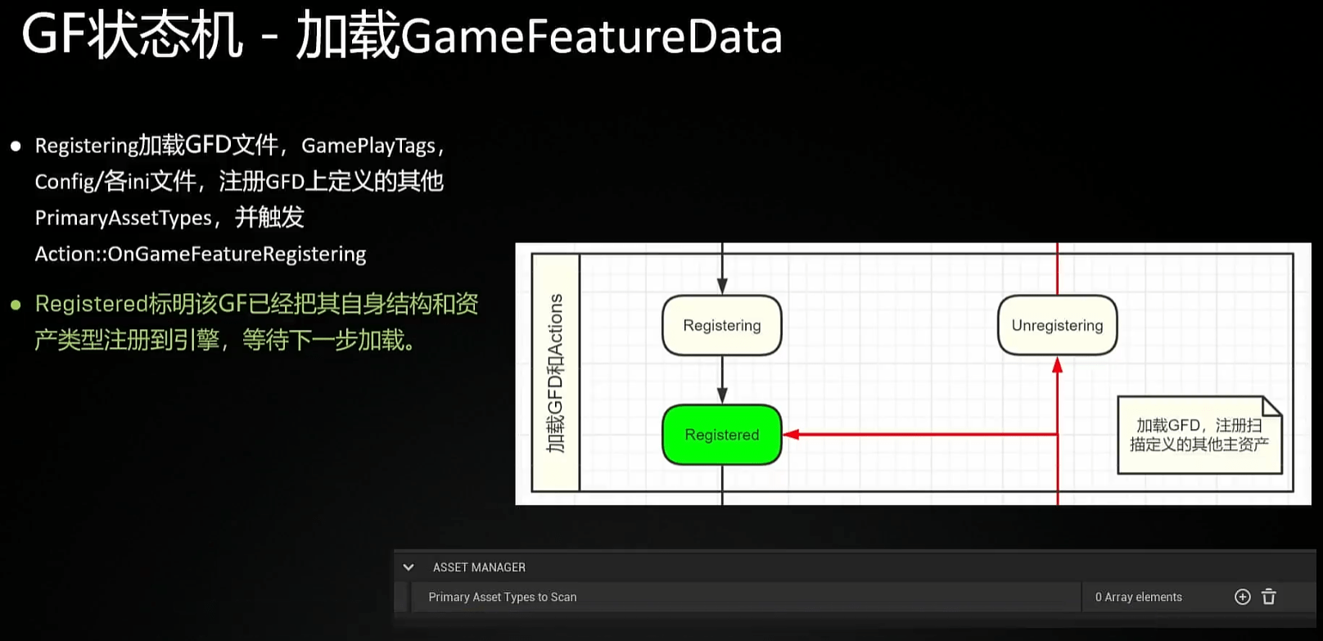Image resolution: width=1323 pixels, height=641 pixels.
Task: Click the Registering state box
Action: point(721,326)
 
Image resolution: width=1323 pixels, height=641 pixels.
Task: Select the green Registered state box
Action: point(721,435)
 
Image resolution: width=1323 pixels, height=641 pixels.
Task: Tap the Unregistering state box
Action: point(1057,326)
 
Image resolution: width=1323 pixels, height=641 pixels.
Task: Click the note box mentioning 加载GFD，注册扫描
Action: point(1199,435)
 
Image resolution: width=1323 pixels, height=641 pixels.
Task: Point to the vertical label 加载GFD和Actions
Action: point(556,372)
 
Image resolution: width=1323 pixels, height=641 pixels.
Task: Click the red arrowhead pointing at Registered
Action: point(791,435)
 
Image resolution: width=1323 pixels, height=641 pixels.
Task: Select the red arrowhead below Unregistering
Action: point(1057,365)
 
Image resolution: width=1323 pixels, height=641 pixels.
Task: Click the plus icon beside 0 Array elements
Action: point(1242,597)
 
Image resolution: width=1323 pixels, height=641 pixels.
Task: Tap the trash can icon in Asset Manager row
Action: point(1269,597)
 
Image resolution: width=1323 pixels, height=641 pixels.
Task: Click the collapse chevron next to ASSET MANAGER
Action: point(409,567)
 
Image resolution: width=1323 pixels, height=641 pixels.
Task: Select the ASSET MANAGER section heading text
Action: point(479,567)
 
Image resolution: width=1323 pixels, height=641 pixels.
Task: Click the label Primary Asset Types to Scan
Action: point(502,598)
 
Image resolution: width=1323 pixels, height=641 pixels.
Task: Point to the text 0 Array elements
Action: point(1138,598)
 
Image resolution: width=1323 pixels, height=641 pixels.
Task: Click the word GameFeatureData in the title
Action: point(591,38)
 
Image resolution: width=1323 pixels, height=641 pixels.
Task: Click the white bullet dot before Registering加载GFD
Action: point(16,147)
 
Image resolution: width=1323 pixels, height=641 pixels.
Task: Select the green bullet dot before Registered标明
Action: point(16,305)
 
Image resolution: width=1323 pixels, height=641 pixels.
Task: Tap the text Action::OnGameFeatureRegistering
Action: point(200,255)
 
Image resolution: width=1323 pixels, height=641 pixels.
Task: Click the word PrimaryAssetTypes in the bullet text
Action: point(123,218)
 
